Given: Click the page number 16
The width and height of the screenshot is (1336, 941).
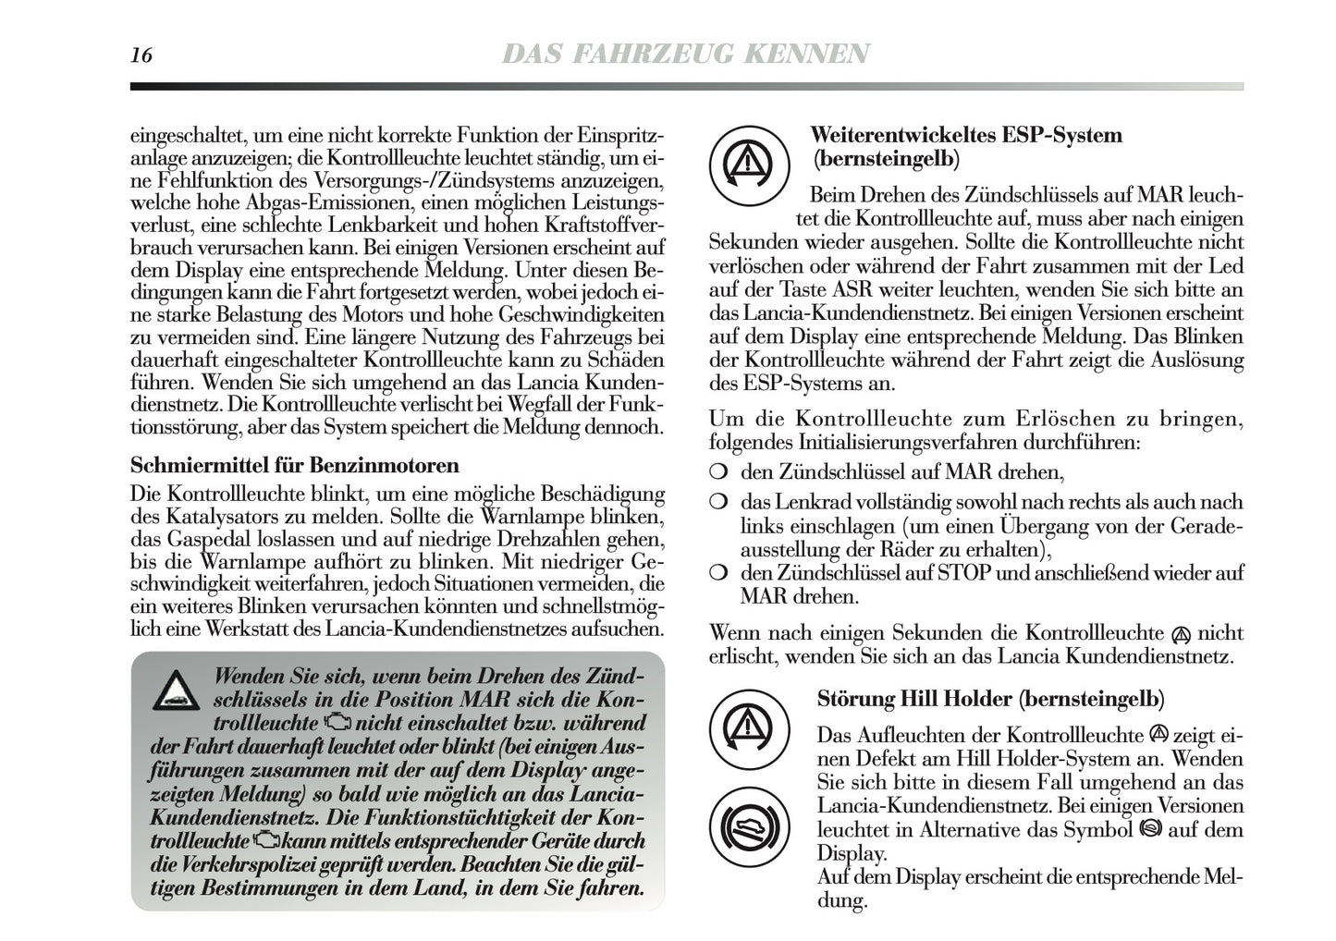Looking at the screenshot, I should (141, 55).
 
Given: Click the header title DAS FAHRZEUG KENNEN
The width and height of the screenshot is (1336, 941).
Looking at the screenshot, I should (684, 55).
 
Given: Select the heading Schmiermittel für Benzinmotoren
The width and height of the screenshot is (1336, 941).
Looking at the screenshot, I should (295, 464).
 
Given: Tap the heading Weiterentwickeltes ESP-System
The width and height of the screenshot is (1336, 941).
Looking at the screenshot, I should (966, 135).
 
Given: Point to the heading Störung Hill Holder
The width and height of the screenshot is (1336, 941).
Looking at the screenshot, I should (990, 699).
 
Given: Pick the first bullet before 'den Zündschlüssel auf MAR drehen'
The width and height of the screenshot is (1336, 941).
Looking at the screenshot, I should (717, 473).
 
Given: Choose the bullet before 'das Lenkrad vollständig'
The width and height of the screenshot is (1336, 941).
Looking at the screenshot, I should (717, 503).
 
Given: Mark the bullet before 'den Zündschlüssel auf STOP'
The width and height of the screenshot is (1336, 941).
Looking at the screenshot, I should (717, 573).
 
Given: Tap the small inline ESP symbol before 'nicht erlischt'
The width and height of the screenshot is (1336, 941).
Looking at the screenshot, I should (1179, 635).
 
